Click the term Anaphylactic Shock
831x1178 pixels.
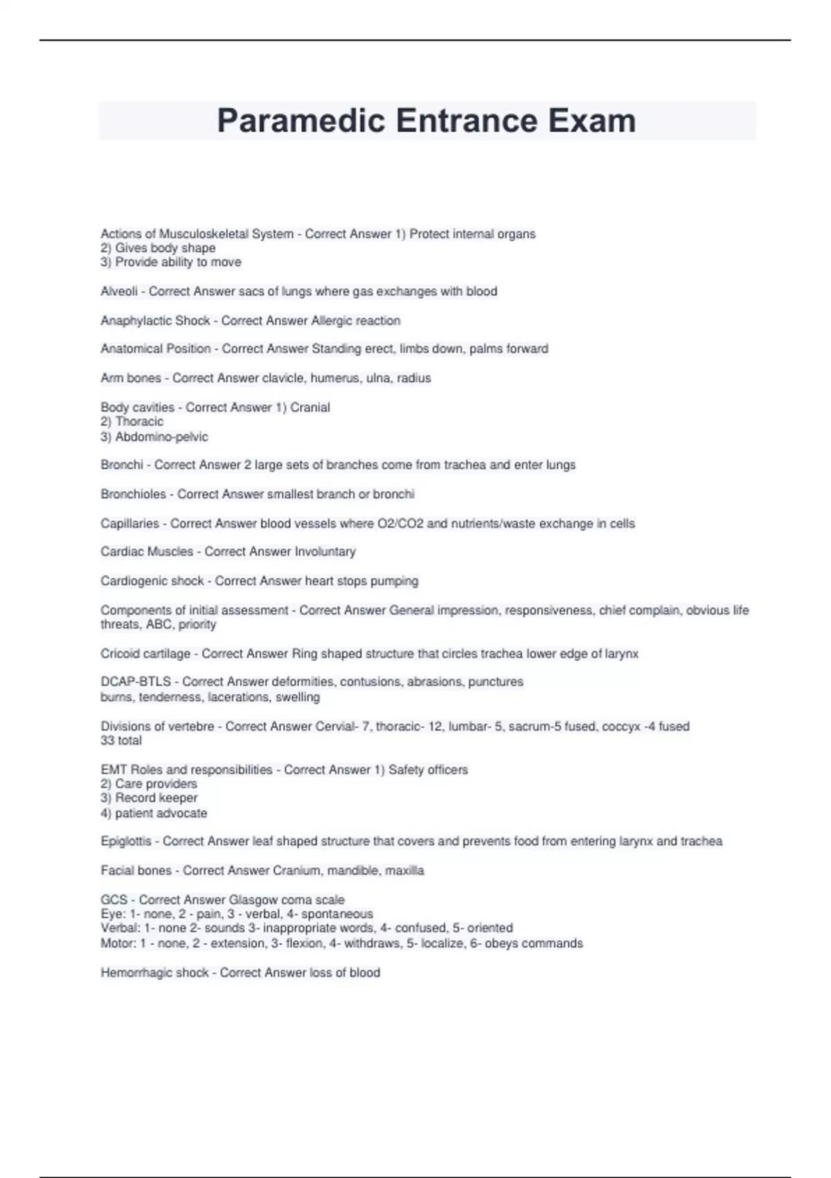(x=155, y=321)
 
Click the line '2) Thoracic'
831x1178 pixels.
(x=132, y=422)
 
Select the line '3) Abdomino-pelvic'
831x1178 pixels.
(x=154, y=437)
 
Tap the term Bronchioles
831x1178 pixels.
(x=133, y=495)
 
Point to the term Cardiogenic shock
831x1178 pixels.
(x=152, y=581)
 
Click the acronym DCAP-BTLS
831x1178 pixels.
(x=136, y=682)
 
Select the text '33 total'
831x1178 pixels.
(x=121, y=741)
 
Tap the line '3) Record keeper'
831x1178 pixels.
(x=149, y=798)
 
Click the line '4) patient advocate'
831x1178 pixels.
(x=154, y=814)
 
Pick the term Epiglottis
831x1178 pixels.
(x=126, y=841)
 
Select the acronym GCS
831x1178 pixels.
(x=114, y=900)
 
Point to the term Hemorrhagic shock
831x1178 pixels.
(x=154, y=973)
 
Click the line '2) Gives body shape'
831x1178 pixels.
(x=158, y=248)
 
